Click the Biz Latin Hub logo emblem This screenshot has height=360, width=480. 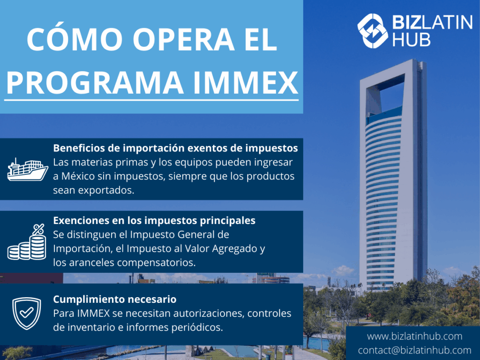(373, 30)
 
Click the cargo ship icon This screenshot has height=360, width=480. (28, 170)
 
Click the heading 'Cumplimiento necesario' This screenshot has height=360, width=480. (115, 299)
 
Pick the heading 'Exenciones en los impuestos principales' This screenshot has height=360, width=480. (154, 220)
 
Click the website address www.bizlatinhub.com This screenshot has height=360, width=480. (414, 336)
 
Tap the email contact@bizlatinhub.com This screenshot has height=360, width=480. (414, 350)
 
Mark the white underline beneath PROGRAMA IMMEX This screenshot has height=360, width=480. (151, 99)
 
